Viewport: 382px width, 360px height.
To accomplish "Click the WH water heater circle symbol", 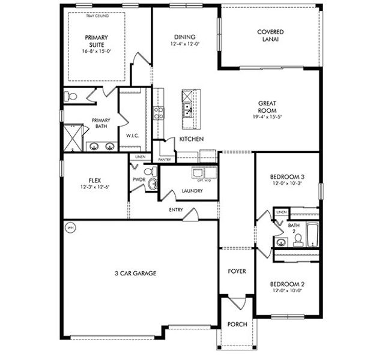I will pos(70,228).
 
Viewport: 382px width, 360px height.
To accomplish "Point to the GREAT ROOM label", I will pos(267,106).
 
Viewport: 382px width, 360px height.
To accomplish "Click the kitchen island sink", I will pos(188,109).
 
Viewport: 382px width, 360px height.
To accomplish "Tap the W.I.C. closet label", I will pos(133,135).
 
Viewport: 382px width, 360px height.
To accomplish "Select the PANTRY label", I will pos(165,160).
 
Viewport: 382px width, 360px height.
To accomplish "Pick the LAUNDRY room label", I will pos(192,191).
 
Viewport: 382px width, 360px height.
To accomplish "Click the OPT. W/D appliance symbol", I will pos(203,173).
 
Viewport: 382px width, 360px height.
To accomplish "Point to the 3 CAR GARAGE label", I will pos(135,273).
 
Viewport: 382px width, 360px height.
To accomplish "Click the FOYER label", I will pos(237,271).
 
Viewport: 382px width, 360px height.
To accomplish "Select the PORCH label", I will pos(237,324).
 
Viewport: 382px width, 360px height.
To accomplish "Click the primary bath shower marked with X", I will pos(73,137).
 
